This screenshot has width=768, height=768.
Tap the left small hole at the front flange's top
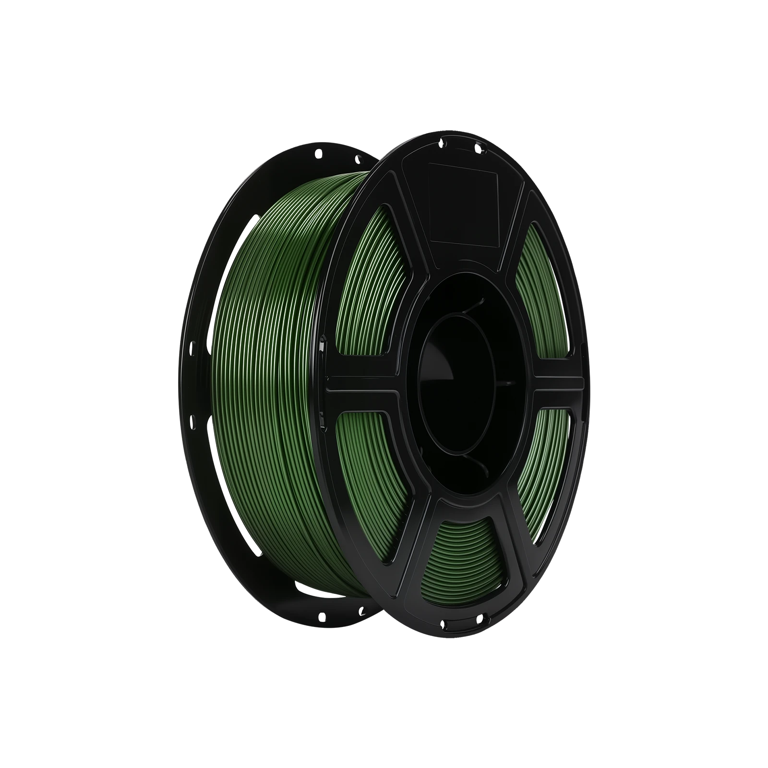444,142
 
